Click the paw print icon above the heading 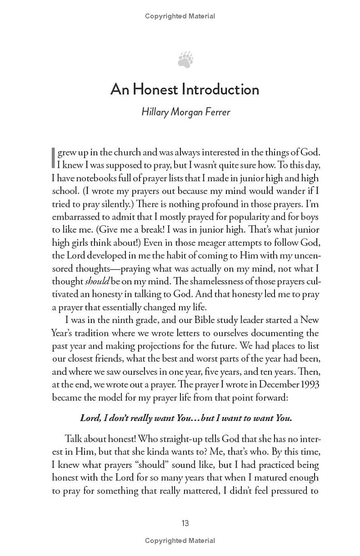[185, 59]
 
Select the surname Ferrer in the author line [216, 112]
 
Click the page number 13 [185, 523]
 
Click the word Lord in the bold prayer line [90, 418]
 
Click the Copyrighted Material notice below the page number [180, 541]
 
